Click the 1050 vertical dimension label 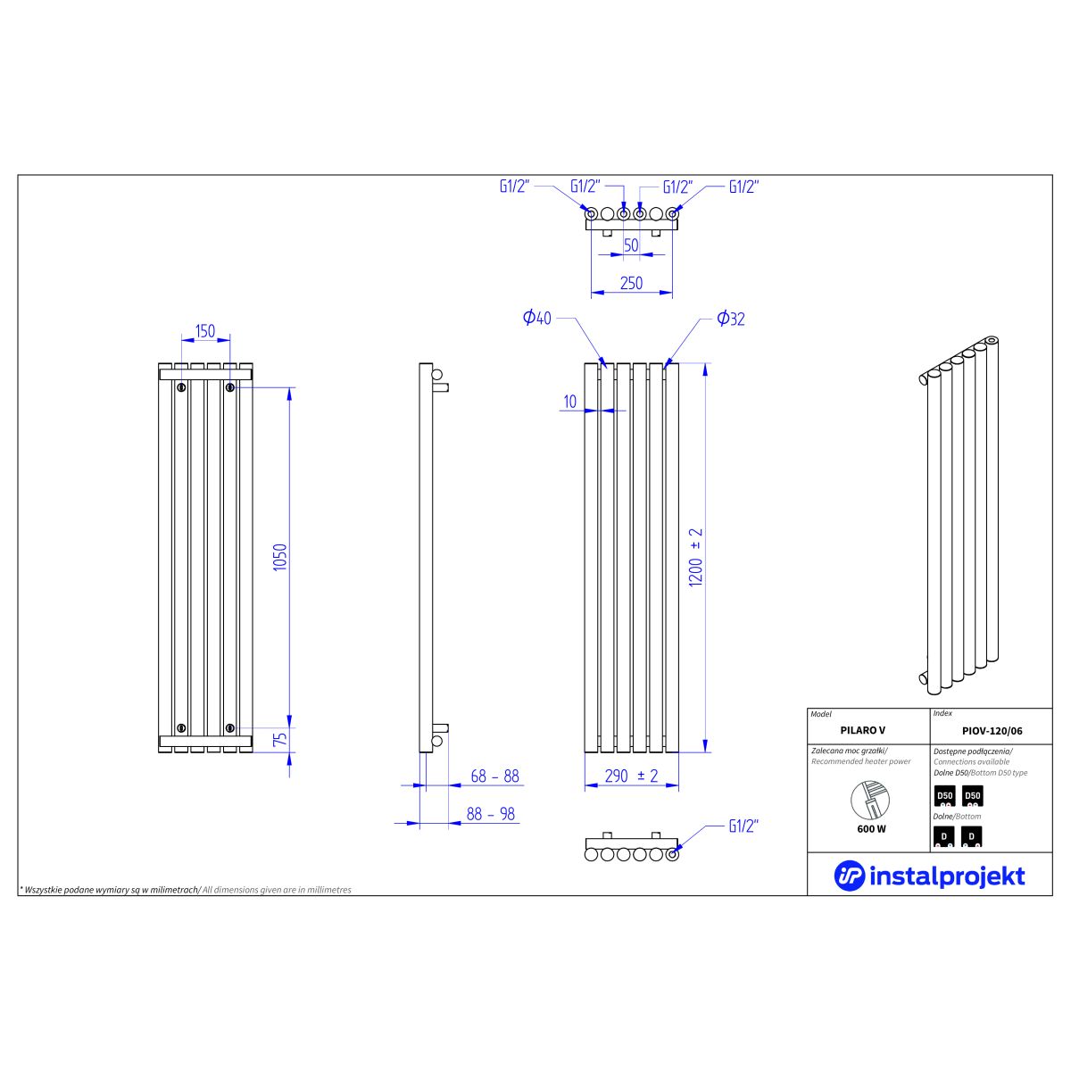pos(280,557)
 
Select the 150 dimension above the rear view pos(205,331)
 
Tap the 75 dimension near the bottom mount pos(280,739)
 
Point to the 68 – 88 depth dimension pos(494,776)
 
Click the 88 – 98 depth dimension pos(491,814)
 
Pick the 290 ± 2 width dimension pos(631,776)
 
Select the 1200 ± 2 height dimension pos(695,558)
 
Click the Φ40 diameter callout pos(537,318)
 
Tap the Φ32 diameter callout pos(730,319)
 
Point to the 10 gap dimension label pos(569,402)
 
